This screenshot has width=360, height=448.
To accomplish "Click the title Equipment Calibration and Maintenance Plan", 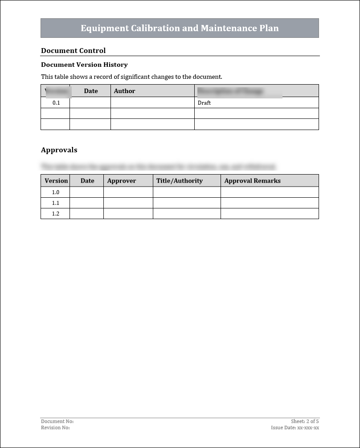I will [180, 28].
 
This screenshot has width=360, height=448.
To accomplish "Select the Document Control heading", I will [73, 50].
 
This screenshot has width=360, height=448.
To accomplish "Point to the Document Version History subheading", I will [84, 65].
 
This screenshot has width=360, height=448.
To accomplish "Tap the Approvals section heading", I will [59, 150].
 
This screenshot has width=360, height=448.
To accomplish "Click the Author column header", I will [124, 91].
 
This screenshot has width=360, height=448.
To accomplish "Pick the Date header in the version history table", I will [90, 91].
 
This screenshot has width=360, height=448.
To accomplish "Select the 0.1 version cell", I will [56, 103].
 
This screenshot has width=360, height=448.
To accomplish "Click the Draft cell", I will [204, 103].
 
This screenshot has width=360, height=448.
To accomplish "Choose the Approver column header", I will [121, 181].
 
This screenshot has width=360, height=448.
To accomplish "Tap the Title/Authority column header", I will [179, 181].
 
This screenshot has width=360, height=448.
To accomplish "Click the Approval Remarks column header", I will [252, 181].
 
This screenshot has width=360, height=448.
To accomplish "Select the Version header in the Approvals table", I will [56, 181].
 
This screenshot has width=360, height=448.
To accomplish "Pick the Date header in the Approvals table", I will [87, 181].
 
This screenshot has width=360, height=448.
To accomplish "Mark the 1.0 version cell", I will [56, 192].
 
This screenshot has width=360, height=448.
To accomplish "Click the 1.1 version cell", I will [56, 203].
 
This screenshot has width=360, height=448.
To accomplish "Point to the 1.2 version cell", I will [56, 214].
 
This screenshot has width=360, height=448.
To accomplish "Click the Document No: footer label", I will [57, 421].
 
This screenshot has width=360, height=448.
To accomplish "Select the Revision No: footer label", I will [55, 428].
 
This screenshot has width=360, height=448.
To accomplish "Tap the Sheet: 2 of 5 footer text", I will [305, 421].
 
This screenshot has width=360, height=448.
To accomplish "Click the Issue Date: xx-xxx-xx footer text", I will [295, 428].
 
